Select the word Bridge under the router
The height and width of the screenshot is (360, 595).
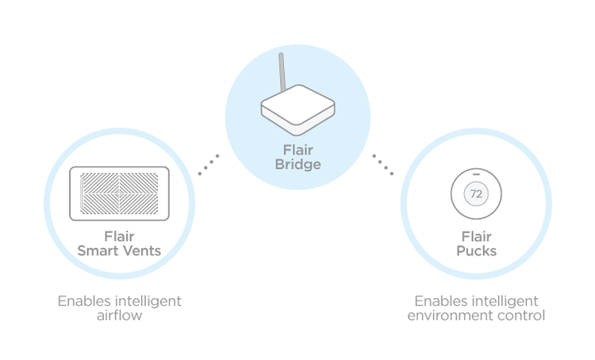pos(297,165)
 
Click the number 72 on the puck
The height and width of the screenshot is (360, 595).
pos(476,193)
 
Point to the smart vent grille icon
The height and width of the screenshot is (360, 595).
pos(119,193)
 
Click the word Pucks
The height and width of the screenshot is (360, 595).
pos(476,251)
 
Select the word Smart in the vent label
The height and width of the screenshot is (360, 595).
pos(97,251)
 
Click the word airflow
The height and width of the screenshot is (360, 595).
pos(119,316)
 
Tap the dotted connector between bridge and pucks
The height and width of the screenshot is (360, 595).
pos(383,165)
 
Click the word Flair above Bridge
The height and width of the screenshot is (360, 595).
pos(297,150)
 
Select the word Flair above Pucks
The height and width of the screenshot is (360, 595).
pos(476,237)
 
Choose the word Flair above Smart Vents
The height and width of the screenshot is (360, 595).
pos(119,236)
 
